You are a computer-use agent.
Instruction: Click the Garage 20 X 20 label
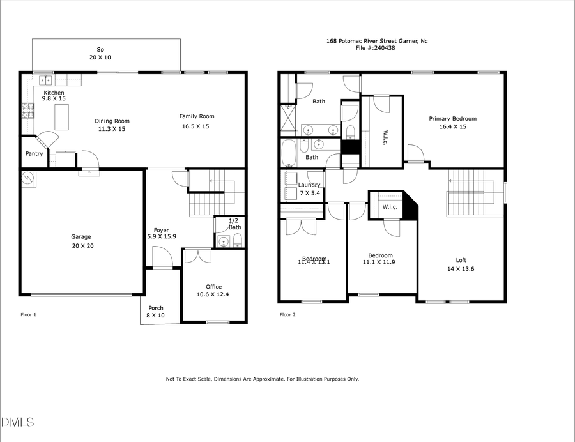point(82,241)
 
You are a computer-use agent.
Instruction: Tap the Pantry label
point(34,154)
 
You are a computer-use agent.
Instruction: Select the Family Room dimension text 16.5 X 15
point(196,126)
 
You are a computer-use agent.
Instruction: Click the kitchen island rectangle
point(63,118)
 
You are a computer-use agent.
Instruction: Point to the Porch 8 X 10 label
point(156,312)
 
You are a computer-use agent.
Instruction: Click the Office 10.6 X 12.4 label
point(213,291)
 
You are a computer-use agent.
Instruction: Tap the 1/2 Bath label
point(235,224)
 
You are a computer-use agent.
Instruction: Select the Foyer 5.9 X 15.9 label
point(161,234)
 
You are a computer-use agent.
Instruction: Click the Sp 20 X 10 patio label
point(100,53)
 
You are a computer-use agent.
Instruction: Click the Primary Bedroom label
point(452,119)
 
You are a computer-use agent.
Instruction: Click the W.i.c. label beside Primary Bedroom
point(385,136)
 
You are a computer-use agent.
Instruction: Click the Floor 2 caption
point(287,314)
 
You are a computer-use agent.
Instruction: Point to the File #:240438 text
point(377,47)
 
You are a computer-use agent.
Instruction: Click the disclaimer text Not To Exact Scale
point(262,379)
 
